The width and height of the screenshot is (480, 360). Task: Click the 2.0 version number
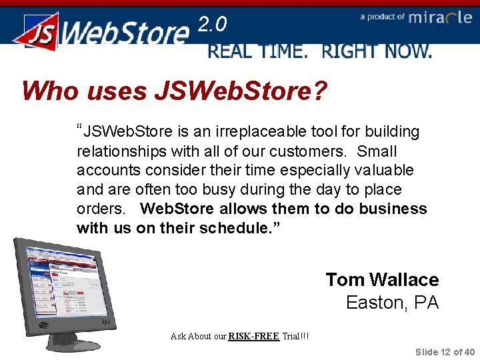[x=213, y=25]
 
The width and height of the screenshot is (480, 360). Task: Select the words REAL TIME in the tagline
[x=257, y=51]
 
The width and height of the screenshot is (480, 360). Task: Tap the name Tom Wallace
[x=382, y=280]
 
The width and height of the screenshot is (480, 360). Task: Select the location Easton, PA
[x=392, y=303]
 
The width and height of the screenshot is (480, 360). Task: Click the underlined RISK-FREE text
[x=253, y=336]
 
